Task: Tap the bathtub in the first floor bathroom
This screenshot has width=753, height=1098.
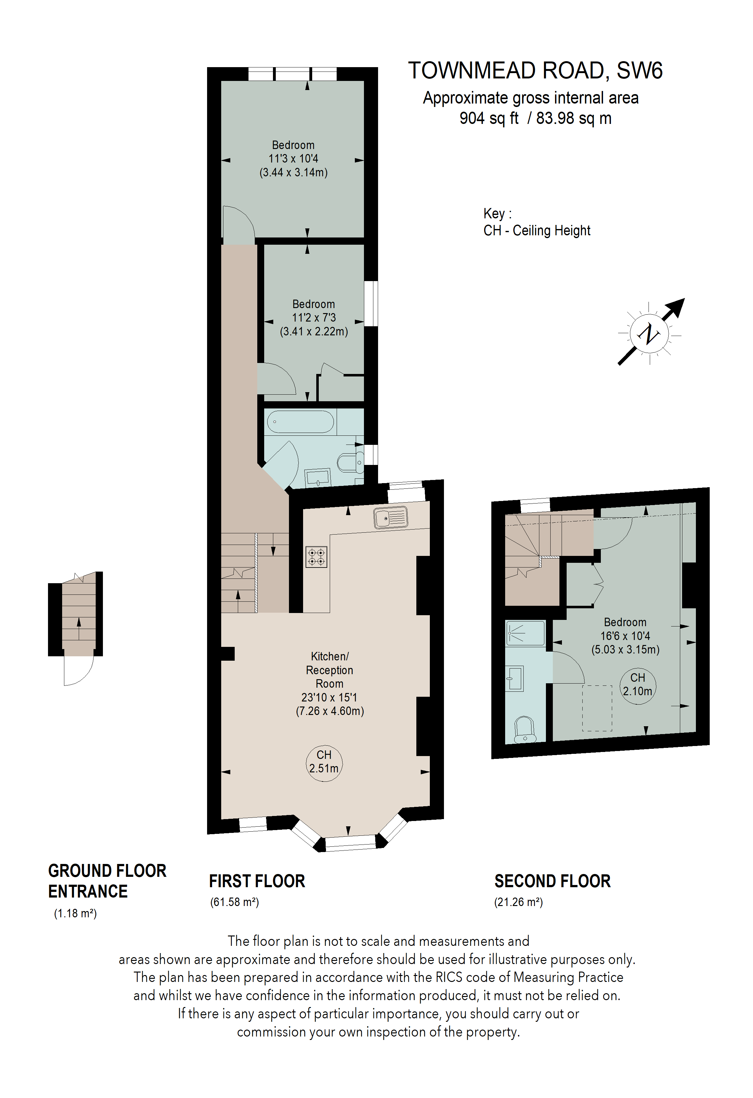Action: tap(301, 421)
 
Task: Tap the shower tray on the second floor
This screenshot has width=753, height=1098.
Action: tap(525, 633)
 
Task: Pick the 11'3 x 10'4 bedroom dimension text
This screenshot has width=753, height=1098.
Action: tap(293, 159)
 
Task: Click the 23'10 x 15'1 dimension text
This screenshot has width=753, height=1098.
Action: tap(329, 697)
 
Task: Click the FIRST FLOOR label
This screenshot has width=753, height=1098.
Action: tap(257, 881)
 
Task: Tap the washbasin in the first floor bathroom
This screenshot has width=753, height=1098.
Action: tap(318, 478)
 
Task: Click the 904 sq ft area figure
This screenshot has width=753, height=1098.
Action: tap(489, 118)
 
